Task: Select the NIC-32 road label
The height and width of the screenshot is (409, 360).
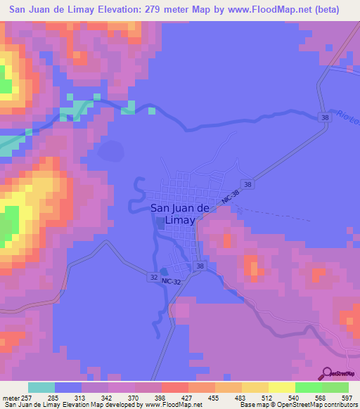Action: coord(171,281)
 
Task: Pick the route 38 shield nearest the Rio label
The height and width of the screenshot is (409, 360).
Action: coord(323,117)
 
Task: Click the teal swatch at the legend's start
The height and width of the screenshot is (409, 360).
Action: coord(41,387)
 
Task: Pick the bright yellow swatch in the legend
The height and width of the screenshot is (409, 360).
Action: coord(281,387)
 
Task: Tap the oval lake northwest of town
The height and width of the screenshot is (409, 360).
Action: coord(112,150)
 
